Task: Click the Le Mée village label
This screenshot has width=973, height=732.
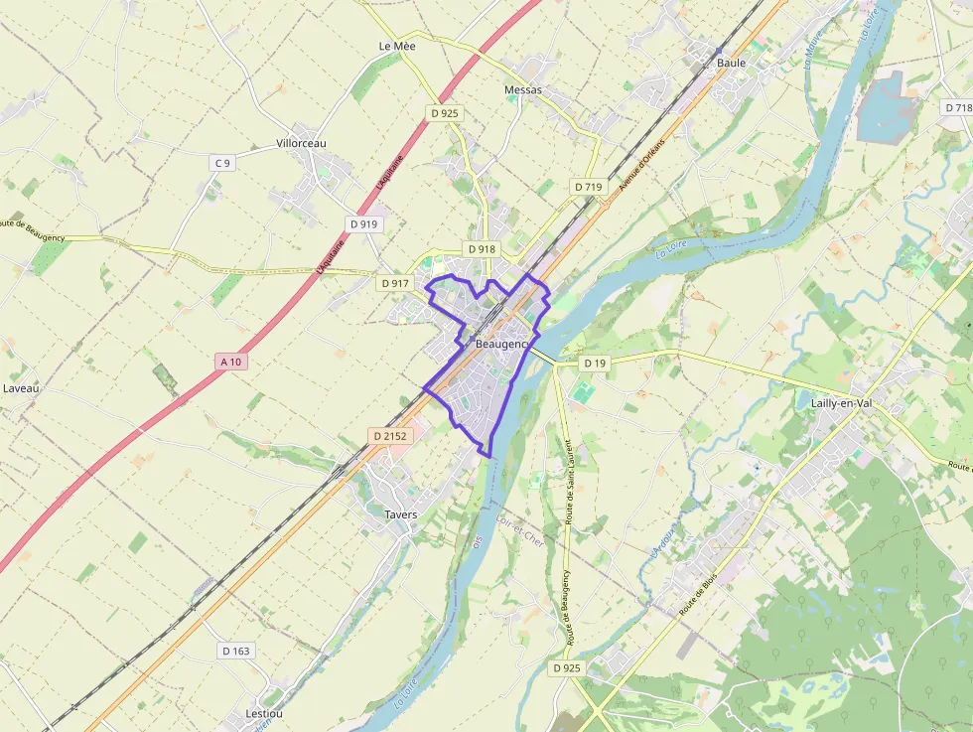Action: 397,47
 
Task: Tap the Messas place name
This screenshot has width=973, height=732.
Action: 523,90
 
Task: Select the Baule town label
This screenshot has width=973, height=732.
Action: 731,63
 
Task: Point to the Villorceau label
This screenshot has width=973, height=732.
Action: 301,143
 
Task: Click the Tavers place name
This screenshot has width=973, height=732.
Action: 400,514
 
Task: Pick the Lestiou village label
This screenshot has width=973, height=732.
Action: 264,714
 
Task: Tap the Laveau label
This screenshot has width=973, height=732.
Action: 21,388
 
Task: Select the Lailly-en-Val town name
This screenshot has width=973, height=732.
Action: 834,403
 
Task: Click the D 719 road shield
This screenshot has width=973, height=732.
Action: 588,187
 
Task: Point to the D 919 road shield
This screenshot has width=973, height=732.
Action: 364,224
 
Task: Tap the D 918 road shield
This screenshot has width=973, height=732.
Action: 481,249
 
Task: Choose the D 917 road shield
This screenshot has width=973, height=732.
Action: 394,283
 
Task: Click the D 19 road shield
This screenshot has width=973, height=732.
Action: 594,364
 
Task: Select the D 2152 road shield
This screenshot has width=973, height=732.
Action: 390,435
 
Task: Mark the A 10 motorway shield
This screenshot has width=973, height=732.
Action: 230,362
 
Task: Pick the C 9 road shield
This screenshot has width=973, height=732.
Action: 222,163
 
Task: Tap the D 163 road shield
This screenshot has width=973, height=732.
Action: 236,651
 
